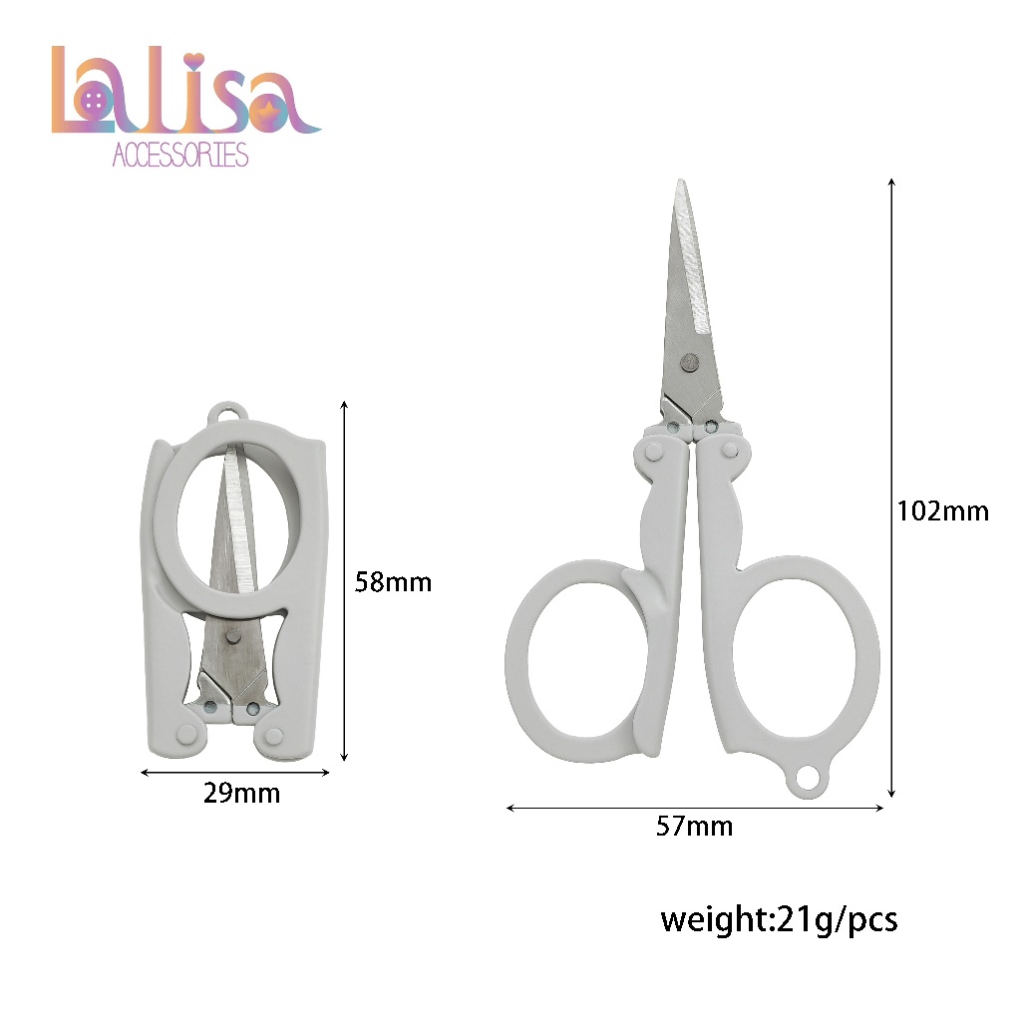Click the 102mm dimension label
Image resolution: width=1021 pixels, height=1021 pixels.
point(943,511)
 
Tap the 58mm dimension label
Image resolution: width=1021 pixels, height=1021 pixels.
point(393,582)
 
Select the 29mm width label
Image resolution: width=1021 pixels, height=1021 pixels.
point(241,793)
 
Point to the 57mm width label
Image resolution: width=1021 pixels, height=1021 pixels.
point(694,827)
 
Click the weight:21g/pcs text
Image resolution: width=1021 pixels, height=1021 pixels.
point(779,920)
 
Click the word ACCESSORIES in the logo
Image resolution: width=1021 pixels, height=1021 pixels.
point(180,155)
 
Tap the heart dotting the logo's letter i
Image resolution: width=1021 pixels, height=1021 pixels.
point(193,61)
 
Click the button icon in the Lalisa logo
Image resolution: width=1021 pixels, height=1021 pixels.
point(93,101)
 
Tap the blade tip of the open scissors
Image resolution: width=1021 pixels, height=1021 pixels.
point(681,181)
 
